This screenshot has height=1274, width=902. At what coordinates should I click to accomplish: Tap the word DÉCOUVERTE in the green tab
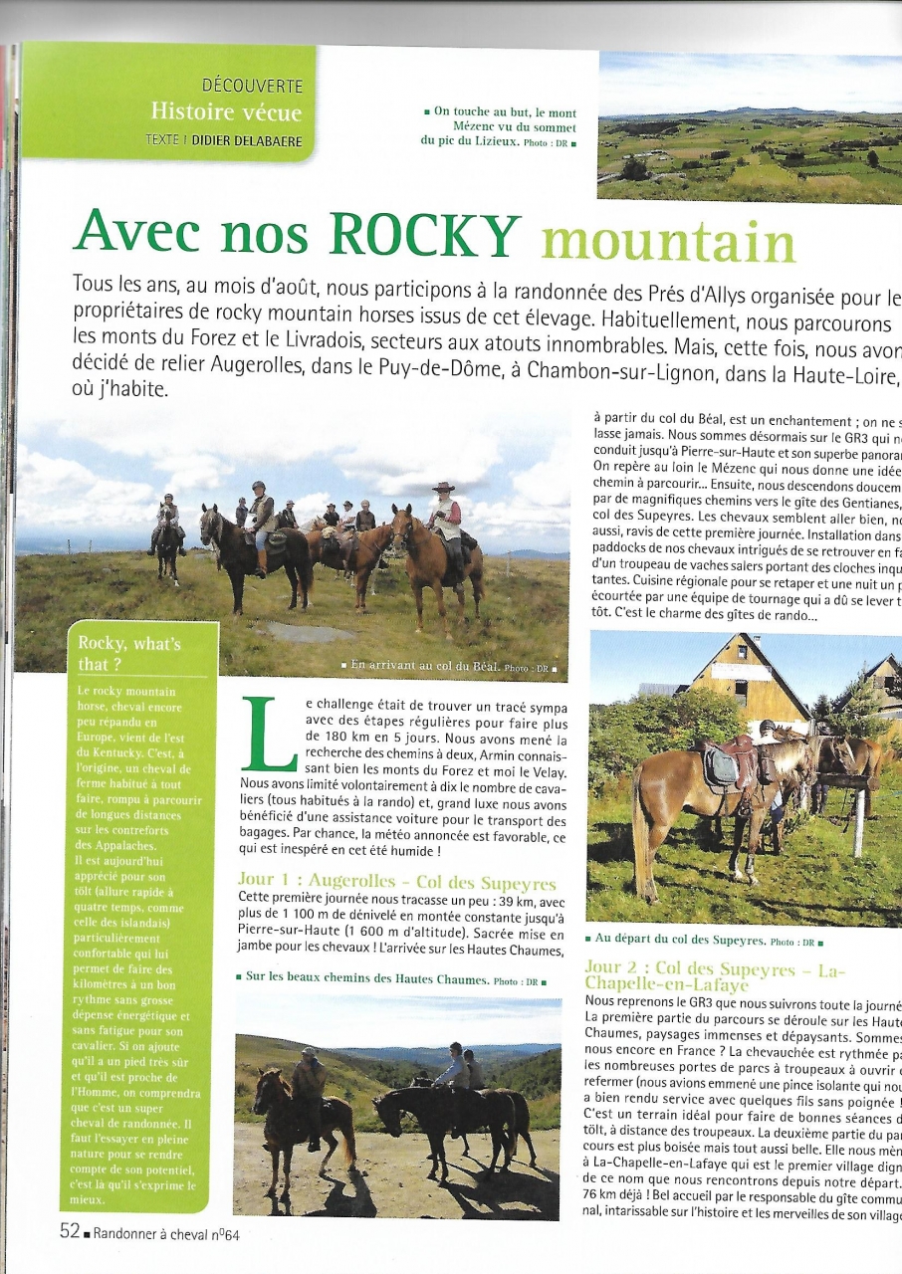[252, 87]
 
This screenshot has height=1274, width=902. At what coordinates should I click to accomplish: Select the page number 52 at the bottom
[70, 1231]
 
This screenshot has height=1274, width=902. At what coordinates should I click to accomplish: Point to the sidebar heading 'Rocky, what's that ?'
[129, 653]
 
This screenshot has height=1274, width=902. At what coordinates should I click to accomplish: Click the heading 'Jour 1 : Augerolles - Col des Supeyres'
[396, 881]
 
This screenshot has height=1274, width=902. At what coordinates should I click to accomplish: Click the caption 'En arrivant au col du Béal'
[421, 664]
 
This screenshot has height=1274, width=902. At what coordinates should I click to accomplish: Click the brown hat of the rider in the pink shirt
[443, 488]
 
